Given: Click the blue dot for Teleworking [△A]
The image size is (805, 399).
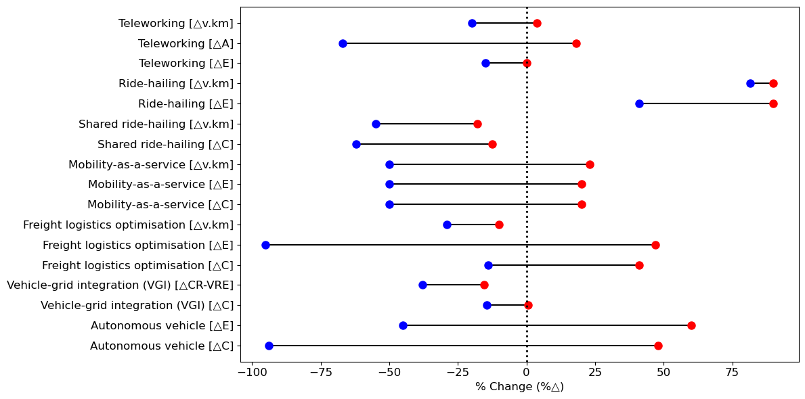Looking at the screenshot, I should click(x=343, y=43).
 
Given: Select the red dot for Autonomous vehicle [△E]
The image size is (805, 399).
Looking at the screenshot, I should click(x=691, y=325).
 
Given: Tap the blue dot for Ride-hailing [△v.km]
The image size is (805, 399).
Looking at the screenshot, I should click(x=750, y=83).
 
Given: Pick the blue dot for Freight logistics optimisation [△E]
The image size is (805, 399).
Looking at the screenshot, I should click(x=265, y=245).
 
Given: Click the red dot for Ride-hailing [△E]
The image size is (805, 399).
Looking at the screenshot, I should click(x=773, y=103).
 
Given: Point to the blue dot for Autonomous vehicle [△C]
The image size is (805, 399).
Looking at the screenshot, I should click(x=269, y=346).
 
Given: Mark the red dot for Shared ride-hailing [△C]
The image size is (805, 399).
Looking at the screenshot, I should click(x=492, y=144).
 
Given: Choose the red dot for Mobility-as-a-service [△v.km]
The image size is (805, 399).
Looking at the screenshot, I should click(x=590, y=164).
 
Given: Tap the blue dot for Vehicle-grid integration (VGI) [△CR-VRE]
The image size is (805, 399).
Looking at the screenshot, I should click(x=422, y=285).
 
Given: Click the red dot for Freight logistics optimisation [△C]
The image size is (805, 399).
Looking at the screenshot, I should click(x=639, y=265).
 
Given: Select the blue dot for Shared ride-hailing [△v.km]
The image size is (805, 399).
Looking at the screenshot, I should click(x=376, y=124).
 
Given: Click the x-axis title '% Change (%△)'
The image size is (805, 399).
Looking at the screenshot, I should click(x=519, y=387).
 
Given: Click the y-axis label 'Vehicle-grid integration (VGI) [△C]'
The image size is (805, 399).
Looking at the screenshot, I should click(x=137, y=306).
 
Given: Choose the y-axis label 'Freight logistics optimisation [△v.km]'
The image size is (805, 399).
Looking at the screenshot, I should click(x=128, y=225).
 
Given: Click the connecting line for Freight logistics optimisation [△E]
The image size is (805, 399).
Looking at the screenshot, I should click(x=460, y=245).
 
